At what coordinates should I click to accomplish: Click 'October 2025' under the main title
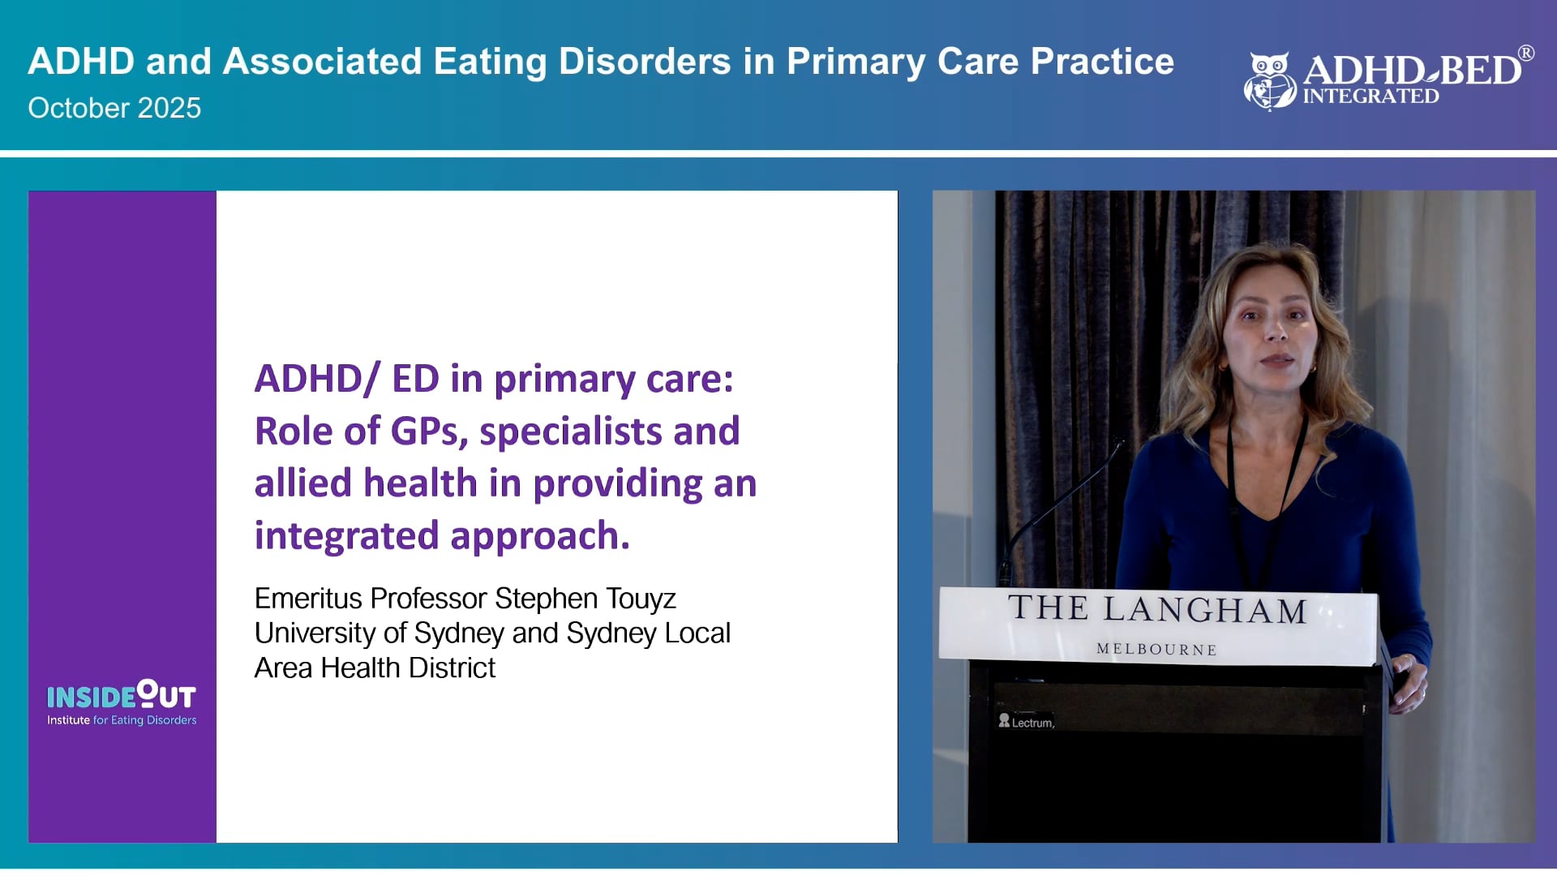[x=114, y=108]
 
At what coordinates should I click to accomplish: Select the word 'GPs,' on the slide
[x=429, y=432]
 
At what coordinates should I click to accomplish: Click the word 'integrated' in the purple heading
[x=347, y=536]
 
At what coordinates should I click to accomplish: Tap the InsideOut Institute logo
[x=122, y=702]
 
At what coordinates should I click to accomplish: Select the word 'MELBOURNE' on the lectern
[x=1156, y=650]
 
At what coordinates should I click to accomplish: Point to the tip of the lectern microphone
[x=1119, y=444]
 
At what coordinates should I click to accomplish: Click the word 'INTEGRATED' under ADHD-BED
[x=1370, y=97]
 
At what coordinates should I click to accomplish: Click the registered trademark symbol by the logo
[x=1525, y=54]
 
